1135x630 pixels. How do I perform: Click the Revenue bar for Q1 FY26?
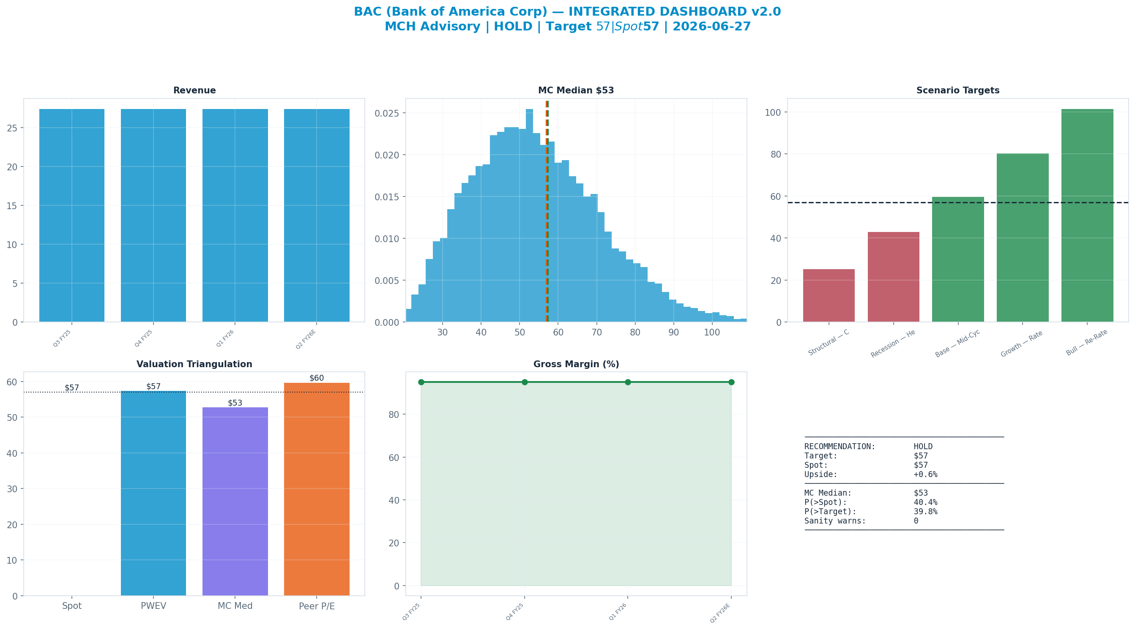point(235,215)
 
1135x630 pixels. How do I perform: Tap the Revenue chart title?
point(194,90)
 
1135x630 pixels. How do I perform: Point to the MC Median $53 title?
point(576,90)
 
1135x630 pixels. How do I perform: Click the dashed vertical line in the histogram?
point(547,211)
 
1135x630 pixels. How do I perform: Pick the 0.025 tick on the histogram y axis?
point(387,113)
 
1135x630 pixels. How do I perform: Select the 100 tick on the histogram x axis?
point(712,333)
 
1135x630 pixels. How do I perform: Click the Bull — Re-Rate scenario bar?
point(1087,215)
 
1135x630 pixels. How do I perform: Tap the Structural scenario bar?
point(829,296)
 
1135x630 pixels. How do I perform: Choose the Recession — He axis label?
point(893,344)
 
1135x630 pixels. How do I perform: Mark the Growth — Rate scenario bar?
point(1023,238)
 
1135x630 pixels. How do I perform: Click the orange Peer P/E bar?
point(317,489)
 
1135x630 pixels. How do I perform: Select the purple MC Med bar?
point(235,502)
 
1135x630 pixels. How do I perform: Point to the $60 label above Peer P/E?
point(316,378)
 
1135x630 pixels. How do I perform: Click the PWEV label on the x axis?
point(153,606)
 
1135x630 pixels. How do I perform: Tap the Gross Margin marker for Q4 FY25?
point(524,382)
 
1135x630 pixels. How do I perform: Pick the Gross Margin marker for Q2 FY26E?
point(731,382)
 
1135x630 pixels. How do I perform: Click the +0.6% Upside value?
point(925,475)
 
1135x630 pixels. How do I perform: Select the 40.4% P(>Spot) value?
point(925,502)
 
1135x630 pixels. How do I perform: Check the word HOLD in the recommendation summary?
point(923,447)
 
